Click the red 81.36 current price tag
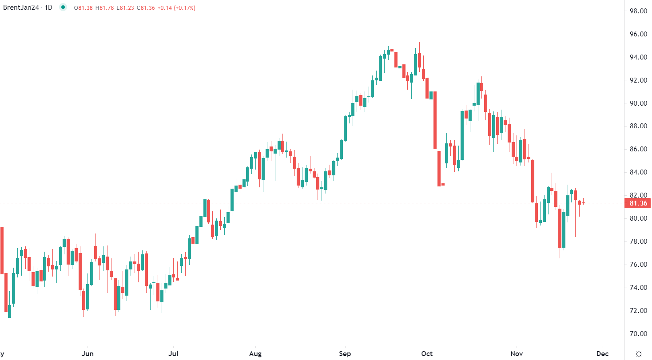click(x=638, y=203)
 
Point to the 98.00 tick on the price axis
click(x=638, y=11)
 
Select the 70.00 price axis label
click(x=638, y=334)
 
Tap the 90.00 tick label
click(x=638, y=103)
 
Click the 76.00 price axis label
click(x=638, y=265)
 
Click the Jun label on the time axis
click(x=88, y=354)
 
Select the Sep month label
click(x=345, y=354)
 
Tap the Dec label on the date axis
click(x=602, y=354)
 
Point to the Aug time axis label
click(x=255, y=354)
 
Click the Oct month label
click(x=427, y=354)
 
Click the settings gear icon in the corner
click(x=639, y=354)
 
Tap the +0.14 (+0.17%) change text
click(x=176, y=8)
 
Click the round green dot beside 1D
click(x=63, y=8)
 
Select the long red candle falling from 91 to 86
click(x=435, y=120)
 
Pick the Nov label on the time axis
click(x=517, y=354)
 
